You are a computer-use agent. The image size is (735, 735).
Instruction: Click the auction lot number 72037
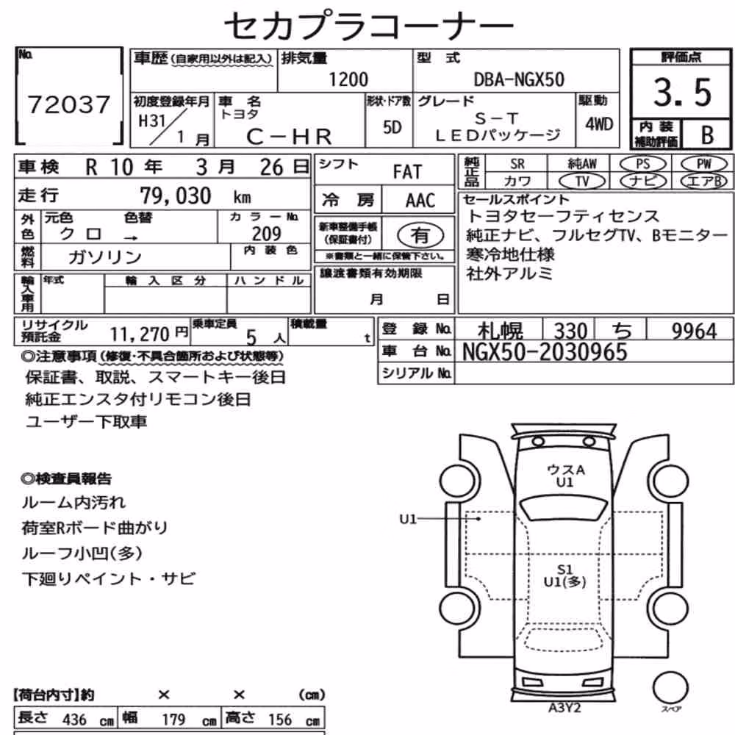pos(69,104)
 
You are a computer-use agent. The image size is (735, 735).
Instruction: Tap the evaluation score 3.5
pos(683,92)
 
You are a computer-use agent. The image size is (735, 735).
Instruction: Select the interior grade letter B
pos(707,135)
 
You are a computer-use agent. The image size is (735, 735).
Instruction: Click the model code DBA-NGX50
pos(519,79)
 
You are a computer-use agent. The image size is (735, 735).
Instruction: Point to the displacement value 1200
pos(348,79)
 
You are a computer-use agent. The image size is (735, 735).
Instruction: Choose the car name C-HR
pos(289,137)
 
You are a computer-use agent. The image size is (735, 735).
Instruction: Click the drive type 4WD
pos(599,124)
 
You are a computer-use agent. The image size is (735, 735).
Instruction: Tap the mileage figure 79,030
pos(176,196)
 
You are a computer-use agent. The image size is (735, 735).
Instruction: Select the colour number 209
pos(266,233)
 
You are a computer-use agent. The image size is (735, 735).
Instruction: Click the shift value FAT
pos(407,171)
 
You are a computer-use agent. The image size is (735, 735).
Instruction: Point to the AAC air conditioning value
pos(420,201)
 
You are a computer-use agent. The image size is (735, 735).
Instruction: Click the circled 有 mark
pos(420,235)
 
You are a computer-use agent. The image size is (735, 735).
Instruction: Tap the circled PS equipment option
pos(642,164)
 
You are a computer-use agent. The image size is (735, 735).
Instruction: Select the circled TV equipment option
pos(582,182)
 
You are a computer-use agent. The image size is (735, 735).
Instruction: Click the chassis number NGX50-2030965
pos(545,352)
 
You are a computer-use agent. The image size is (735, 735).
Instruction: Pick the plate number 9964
pos(695,331)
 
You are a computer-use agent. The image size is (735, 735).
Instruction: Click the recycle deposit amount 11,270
pos(140,334)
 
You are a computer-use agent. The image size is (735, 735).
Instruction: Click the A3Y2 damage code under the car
pos(564,707)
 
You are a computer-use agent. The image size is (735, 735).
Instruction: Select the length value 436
pos(74,719)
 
